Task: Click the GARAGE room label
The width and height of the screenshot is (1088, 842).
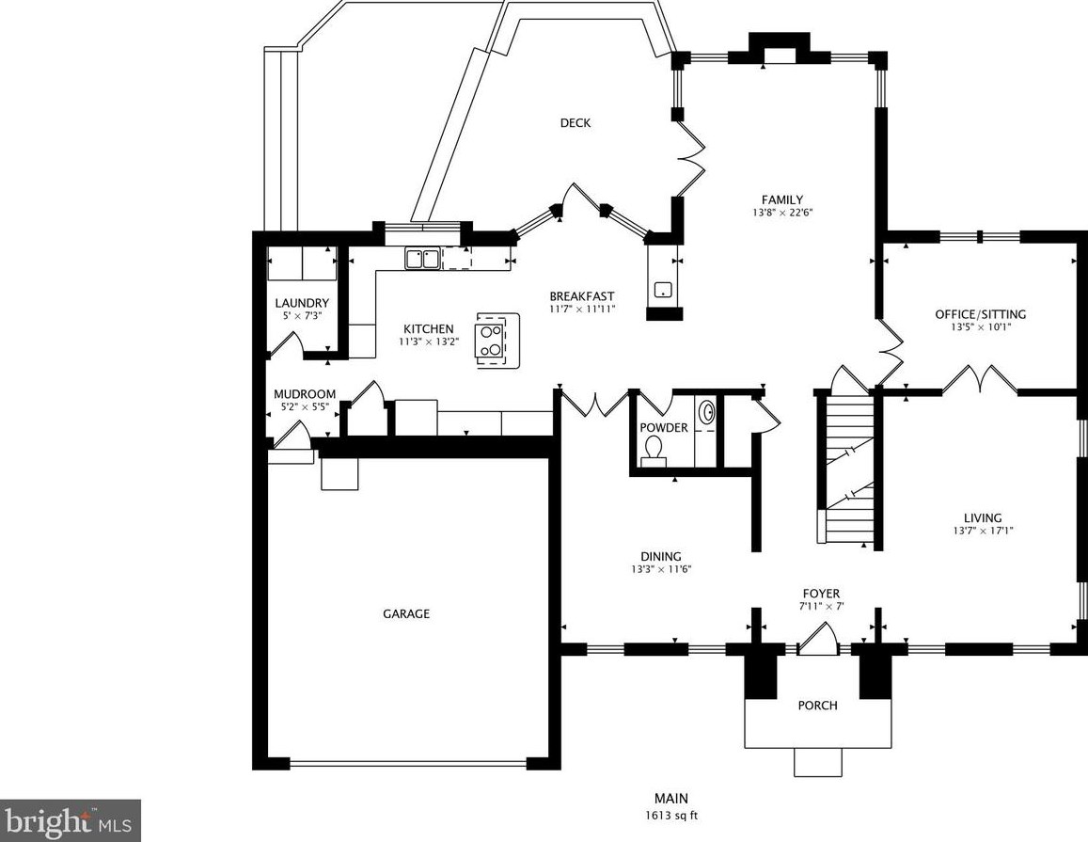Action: click(406, 613)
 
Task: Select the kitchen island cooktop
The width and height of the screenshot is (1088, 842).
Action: click(491, 341)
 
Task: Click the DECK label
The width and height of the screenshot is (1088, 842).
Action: click(576, 123)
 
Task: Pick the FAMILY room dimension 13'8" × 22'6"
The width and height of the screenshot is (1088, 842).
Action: click(782, 214)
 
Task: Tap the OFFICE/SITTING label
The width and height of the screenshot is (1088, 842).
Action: click(980, 314)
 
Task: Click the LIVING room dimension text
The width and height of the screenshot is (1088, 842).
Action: click(984, 531)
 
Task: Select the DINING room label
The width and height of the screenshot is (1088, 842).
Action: click(660, 556)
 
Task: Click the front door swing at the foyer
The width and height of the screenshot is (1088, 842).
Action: click(819, 637)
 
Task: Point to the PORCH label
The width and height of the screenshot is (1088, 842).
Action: click(817, 706)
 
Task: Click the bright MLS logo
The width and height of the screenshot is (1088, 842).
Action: click(71, 821)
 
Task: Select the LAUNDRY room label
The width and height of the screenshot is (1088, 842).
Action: click(302, 303)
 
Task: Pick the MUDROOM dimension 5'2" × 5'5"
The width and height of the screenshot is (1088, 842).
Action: click(305, 407)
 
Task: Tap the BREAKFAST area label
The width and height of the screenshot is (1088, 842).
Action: click(582, 295)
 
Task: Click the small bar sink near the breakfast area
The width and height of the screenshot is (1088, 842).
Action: click(662, 290)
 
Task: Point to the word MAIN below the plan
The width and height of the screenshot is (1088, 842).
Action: click(671, 799)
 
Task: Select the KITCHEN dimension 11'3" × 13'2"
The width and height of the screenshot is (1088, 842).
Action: click(429, 342)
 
